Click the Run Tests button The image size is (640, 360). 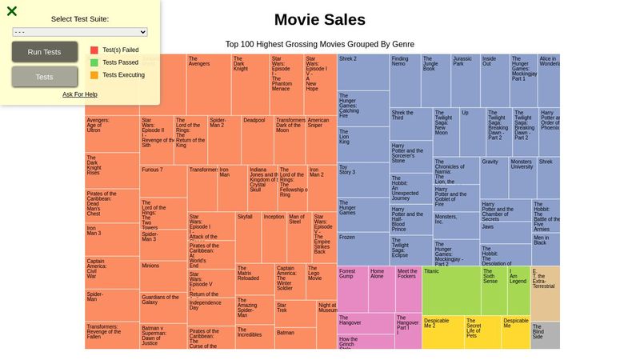(x=45, y=52)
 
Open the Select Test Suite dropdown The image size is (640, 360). (x=80, y=32)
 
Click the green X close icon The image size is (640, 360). (x=12, y=11)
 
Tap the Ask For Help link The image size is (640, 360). (x=80, y=94)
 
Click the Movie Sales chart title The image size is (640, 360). (x=319, y=20)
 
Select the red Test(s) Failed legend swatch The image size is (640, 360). (x=94, y=50)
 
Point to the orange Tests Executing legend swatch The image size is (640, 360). (x=94, y=75)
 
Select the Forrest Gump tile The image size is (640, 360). (x=352, y=289)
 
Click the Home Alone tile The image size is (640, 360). (x=381, y=289)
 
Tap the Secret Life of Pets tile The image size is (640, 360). (x=482, y=332)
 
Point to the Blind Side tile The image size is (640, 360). (x=545, y=335)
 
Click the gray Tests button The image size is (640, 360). (x=45, y=77)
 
